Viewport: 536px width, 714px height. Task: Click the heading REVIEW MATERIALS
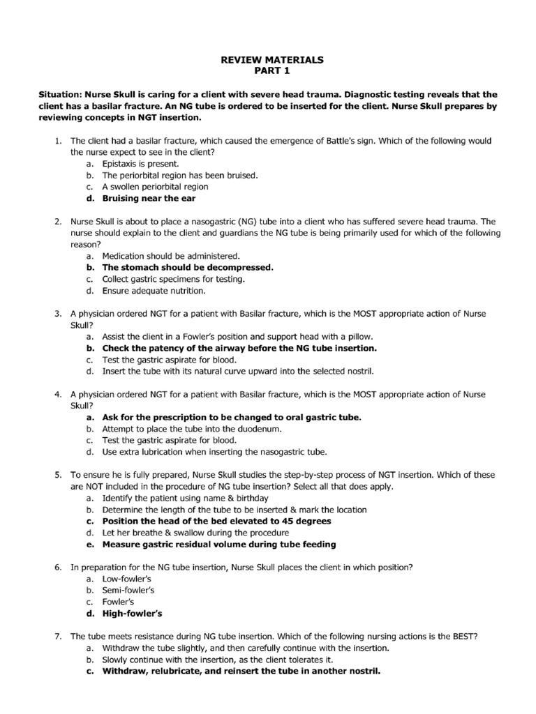tap(272, 61)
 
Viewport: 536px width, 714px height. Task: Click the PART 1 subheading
tap(272, 72)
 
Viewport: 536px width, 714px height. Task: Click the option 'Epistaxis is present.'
tap(135, 163)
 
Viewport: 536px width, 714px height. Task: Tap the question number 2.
tap(58, 221)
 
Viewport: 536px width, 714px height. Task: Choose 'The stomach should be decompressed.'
tap(188, 267)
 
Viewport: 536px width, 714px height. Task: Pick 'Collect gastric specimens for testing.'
tap(173, 279)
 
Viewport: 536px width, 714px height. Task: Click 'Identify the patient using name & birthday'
tap(185, 498)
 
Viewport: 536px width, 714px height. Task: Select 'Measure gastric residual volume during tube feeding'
tap(219, 544)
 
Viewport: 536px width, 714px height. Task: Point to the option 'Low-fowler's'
tap(127, 579)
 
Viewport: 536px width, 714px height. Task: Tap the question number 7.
tap(58, 636)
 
